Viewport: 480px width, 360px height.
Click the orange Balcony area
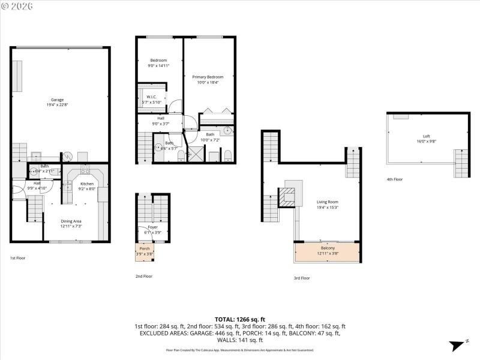pyautogui.click(x=328, y=251)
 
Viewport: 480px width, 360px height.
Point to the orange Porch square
pyautogui.click(x=145, y=251)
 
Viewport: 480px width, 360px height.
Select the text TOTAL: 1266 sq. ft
pyautogui.click(x=240, y=319)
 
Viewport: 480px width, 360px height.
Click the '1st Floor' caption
pyautogui.click(x=17, y=257)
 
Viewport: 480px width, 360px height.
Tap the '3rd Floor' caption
pyautogui.click(x=302, y=278)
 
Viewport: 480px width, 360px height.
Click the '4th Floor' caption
pyautogui.click(x=395, y=179)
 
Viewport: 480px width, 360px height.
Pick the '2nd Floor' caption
pyautogui.click(x=143, y=276)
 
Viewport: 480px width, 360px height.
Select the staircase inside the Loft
pyautogui.click(x=462, y=160)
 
